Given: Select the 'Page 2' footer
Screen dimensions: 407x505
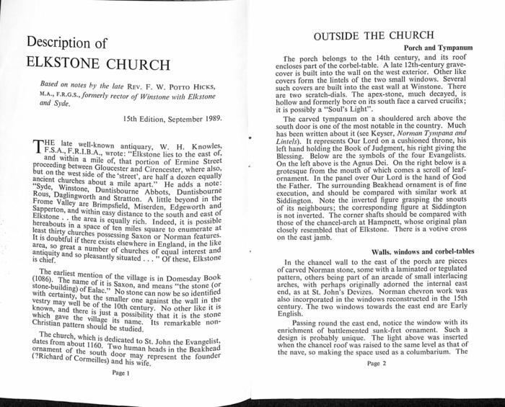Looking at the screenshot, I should click(x=377, y=364).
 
